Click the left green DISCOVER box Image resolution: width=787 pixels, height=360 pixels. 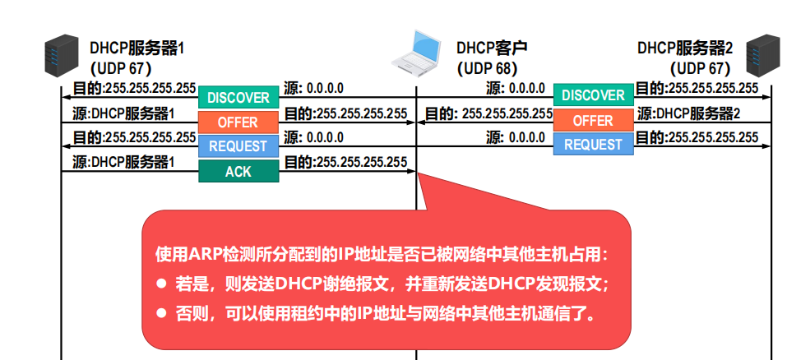coord(238,98)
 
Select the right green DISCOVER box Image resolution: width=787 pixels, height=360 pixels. coord(593,95)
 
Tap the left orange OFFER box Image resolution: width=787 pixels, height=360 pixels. coord(238,122)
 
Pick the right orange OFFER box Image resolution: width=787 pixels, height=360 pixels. coord(593,121)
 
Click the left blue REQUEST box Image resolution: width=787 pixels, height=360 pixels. coord(238,146)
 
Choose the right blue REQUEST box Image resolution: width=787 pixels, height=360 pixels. coord(593,145)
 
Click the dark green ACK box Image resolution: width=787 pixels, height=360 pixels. coord(238,172)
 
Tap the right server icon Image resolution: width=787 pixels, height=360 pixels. coord(762,54)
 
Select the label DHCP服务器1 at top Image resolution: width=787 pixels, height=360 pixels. coord(137,48)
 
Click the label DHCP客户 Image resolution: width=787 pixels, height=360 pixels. coord(492,48)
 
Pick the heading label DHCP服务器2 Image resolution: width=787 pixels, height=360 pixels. coord(685,48)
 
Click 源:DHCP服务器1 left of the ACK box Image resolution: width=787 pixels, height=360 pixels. coord(124,163)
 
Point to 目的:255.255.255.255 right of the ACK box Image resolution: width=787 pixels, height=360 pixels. coord(345,163)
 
